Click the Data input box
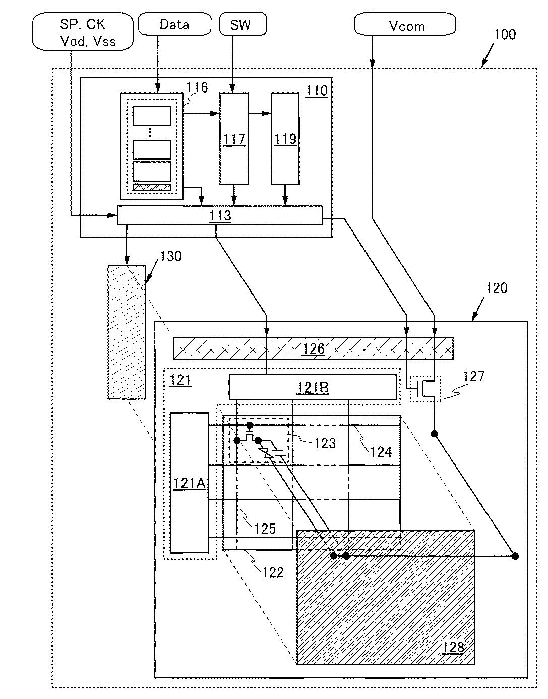[174, 24]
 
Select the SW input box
[243, 24]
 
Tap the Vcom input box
[405, 24]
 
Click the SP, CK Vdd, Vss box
[83, 32]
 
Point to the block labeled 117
[234, 139]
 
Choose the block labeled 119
[285, 139]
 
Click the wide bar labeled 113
[220, 215]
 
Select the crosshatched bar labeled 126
[313, 348]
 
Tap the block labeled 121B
[313, 387]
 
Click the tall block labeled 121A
[189, 483]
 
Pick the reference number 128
[453, 647]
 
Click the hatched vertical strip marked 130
[127, 332]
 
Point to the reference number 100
[505, 34]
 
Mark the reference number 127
[473, 376]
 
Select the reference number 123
[325, 443]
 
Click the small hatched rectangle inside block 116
[152, 187]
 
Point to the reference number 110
[317, 91]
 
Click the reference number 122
[273, 573]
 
